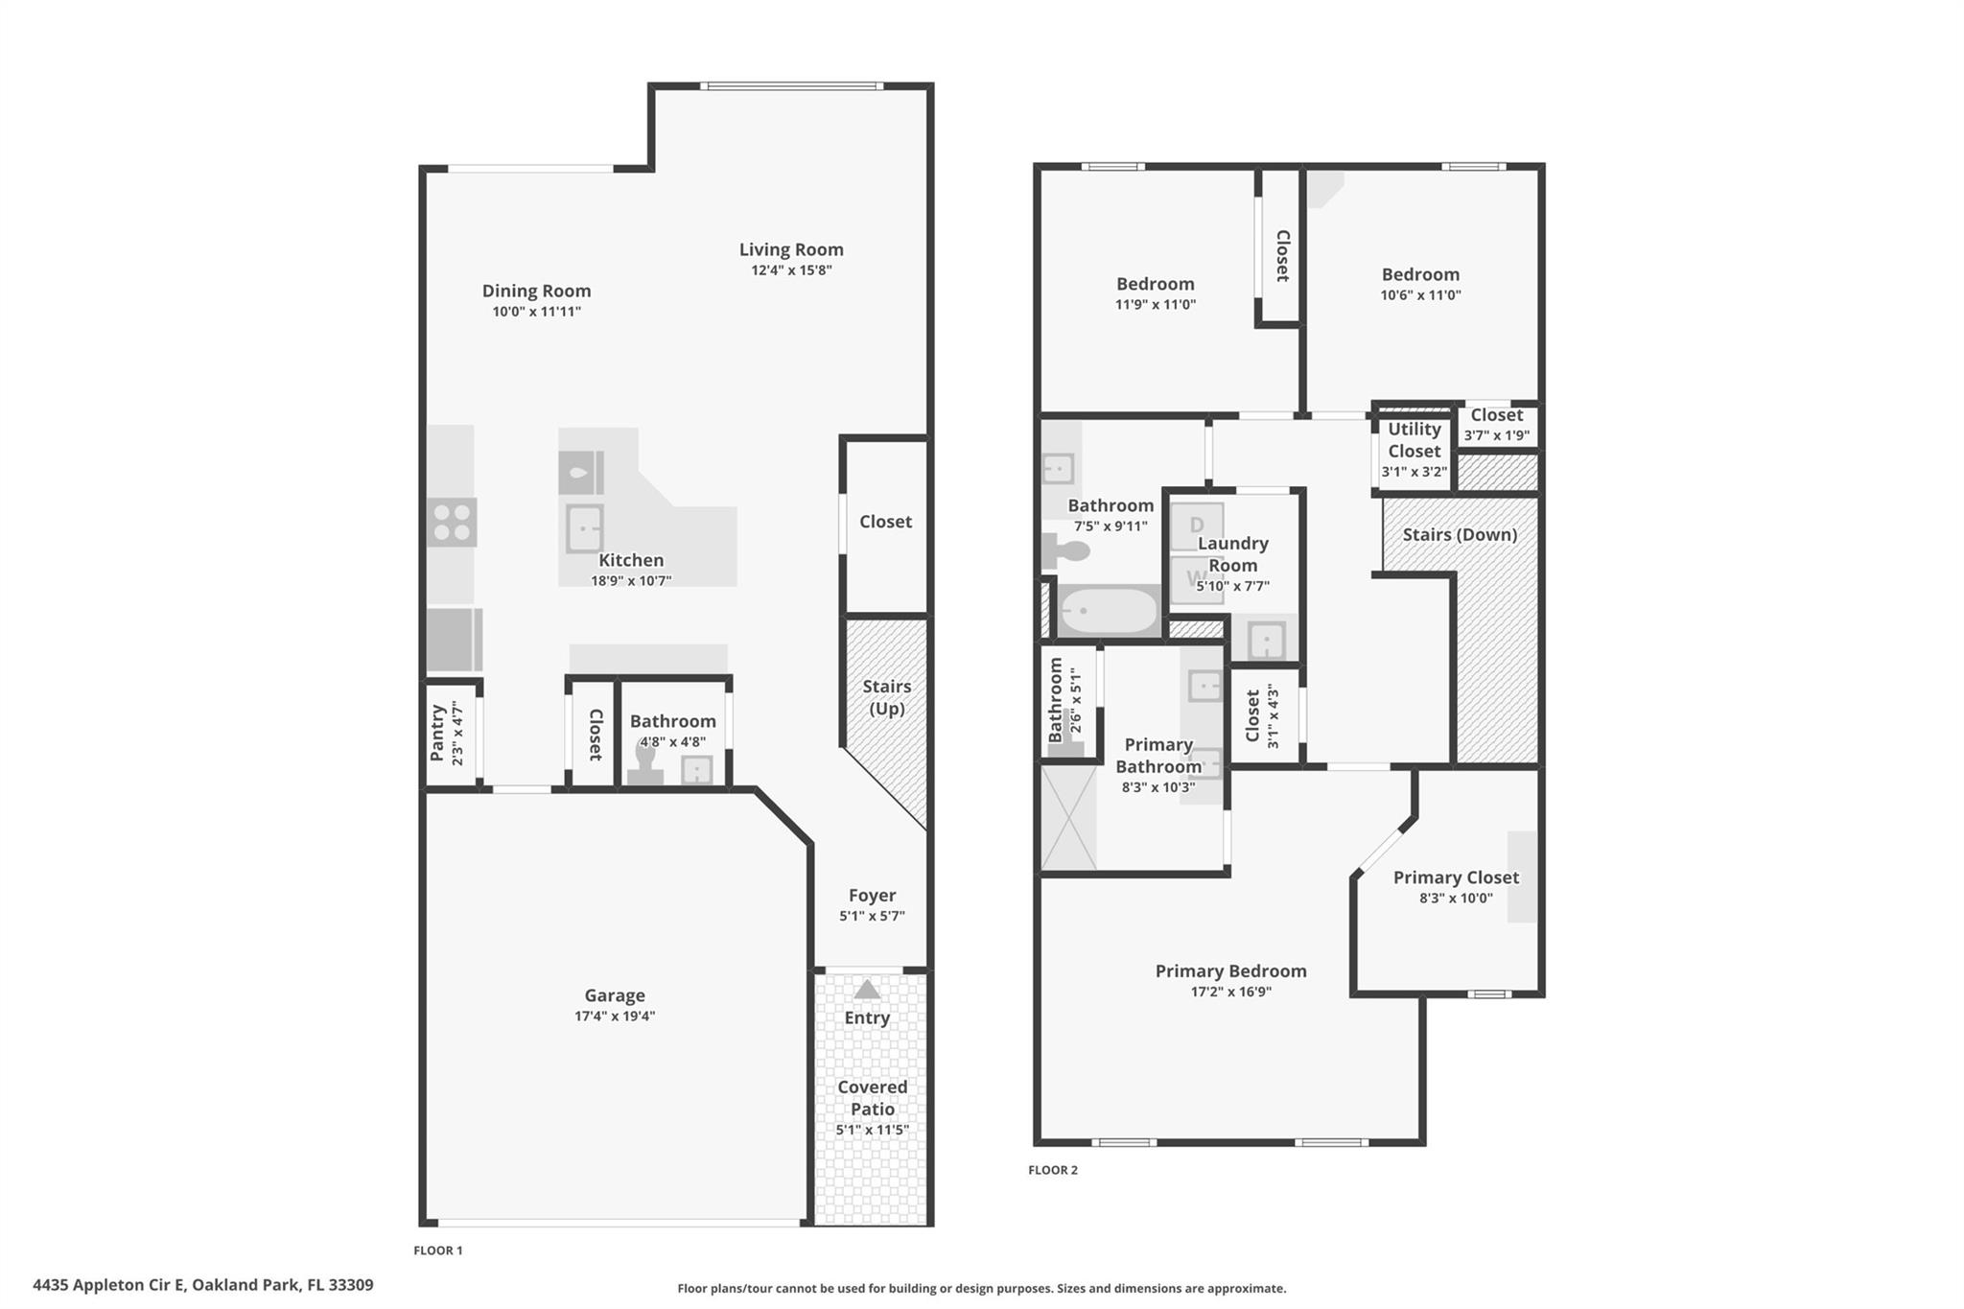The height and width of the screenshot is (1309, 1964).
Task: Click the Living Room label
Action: tap(791, 249)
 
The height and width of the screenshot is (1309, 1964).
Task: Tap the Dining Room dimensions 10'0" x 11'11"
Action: tap(536, 312)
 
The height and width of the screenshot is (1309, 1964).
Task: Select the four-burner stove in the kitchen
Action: tap(452, 523)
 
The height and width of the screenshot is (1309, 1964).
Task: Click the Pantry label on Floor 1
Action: tap(438, 734)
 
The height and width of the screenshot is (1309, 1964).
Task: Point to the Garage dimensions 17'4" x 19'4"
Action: tap(615, 1017)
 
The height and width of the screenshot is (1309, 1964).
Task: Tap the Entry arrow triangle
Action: tap(867, 990)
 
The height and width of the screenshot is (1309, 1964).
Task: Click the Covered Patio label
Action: tap(872, 1097)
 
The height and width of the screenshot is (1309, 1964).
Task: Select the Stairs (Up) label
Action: tap(886, 697)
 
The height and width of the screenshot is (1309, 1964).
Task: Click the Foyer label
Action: tap(872, 895)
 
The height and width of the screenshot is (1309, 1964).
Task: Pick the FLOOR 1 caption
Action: tap(438, 1251)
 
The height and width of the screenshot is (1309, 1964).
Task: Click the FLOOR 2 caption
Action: tap(1053, 1170)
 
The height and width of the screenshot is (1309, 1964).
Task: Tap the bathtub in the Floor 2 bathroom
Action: tap(1108, 610)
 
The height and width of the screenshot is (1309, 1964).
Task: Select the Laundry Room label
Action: tap(1232, 554)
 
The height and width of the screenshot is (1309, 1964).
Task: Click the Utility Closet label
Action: tap(1415, 440)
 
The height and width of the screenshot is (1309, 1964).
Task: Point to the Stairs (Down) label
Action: tap(1460, 534)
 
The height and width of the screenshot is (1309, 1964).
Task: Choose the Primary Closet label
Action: tap(1456, 877)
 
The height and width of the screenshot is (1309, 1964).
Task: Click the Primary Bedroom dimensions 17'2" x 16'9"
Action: tap(1230, 992)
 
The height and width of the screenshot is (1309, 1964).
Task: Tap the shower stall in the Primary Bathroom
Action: tap(1068, 817)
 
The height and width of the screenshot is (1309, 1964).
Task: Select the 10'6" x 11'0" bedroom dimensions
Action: tap(1420, 295)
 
